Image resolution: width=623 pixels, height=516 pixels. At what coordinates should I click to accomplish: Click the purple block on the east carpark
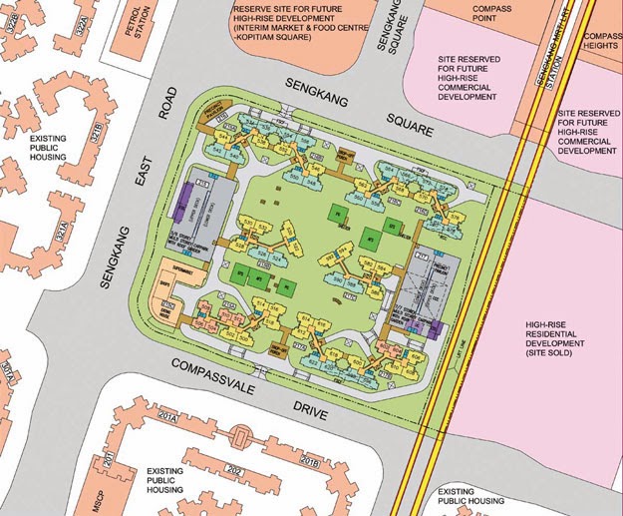coord(432,329)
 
